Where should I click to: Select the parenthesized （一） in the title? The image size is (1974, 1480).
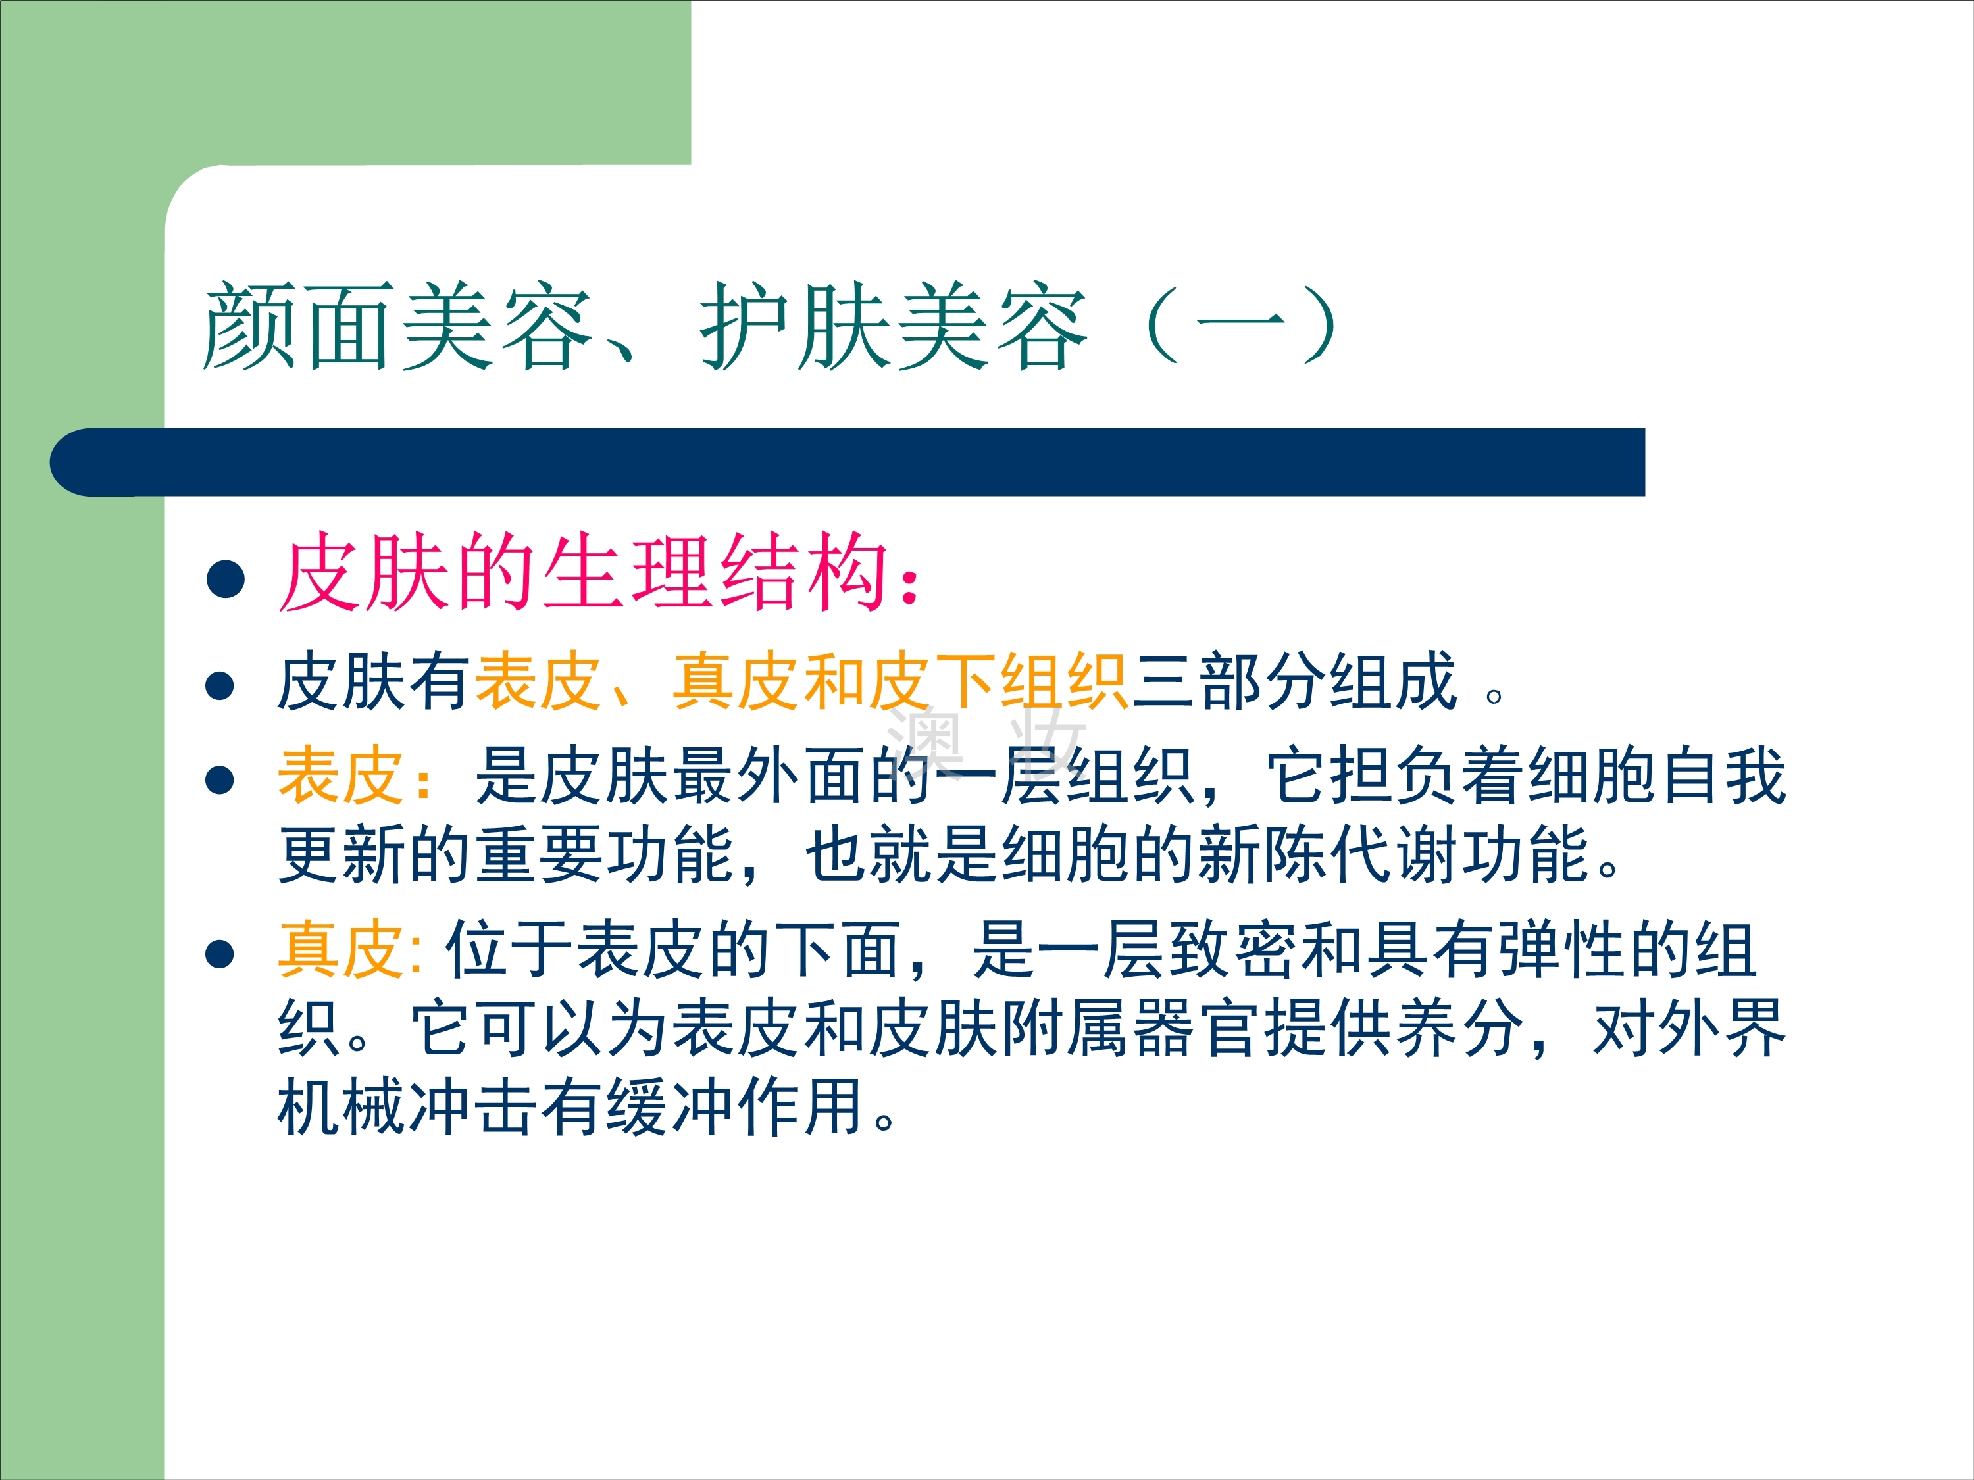1240,325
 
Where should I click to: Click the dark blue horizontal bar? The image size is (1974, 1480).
847,462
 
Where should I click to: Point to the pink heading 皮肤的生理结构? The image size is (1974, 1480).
584,573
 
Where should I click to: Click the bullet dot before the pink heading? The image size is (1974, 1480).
225,578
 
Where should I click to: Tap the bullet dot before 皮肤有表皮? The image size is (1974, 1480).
220,685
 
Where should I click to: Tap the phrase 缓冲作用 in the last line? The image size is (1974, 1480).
736,1106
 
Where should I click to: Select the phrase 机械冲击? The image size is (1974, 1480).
409,1106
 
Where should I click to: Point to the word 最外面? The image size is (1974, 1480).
772,776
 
